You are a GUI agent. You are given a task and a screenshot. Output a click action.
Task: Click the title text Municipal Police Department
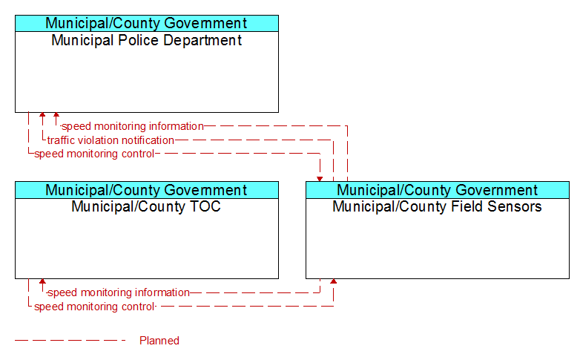pos(146,40)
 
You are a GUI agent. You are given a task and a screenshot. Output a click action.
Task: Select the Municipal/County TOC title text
pos(146,206)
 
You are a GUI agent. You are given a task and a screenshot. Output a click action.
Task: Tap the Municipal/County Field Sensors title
pos(437,206)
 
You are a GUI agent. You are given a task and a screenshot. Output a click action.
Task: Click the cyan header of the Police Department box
pos(147,23)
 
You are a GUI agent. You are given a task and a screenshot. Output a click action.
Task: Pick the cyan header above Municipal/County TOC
pos(147,190)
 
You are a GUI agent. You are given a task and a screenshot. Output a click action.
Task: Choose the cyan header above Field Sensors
pos(438,190)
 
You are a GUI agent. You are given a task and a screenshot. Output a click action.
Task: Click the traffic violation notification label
pos(111,140)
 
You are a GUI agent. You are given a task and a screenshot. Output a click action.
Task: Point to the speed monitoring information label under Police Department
pos(133,126)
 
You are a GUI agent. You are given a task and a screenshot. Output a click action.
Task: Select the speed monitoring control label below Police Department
pos(94,154)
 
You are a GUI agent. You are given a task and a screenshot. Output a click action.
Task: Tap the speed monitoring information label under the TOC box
pos(119,292)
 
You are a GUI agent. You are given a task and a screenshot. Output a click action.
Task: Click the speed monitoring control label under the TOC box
pos(94,307)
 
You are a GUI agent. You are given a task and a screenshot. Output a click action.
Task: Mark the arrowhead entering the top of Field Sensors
pos(320,180)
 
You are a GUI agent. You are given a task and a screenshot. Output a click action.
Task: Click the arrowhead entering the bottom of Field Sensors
pos(334,281)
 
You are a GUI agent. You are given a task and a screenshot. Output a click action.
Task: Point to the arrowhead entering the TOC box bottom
pos(42,281)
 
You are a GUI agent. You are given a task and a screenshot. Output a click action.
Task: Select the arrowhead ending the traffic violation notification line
pos(42,115)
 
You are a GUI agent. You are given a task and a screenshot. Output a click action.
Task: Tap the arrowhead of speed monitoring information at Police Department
pos(56,115)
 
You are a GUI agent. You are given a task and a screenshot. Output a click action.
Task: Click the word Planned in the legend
pos(159,341)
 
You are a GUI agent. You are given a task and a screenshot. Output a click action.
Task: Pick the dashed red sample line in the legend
pos(70,340)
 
